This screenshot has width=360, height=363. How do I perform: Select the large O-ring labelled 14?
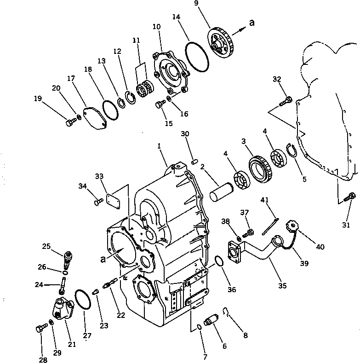pyautogui.click(x=197, y=57)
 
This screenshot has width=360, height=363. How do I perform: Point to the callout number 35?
pyautogui.click(x=282, y=286)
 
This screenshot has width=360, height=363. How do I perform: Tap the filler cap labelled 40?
pyautogui.click(x=292, y=226)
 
